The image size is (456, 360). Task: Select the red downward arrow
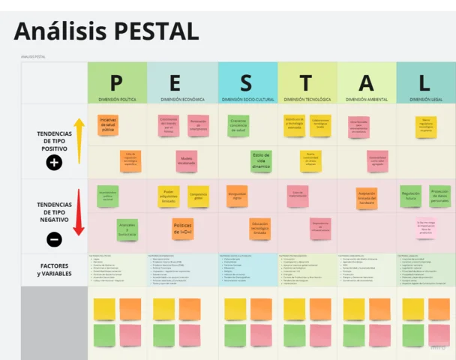click(78, 212)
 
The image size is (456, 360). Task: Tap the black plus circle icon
click(54, 161)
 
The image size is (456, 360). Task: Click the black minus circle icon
click(54, 239)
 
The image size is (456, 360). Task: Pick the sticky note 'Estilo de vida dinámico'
click(261, 160)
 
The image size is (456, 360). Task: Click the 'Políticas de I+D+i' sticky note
click(182, 229)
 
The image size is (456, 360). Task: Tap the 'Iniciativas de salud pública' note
click(108, 125)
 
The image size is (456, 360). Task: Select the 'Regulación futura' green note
click(410, 196)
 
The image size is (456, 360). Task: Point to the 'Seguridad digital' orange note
click(237, 196)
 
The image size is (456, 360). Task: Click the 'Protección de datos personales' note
click(439, 196)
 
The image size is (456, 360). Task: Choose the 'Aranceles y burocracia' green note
click(127, 229)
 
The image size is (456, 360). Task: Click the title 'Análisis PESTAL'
click(106, 31)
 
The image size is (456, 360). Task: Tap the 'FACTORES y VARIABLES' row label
click(54, 269)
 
